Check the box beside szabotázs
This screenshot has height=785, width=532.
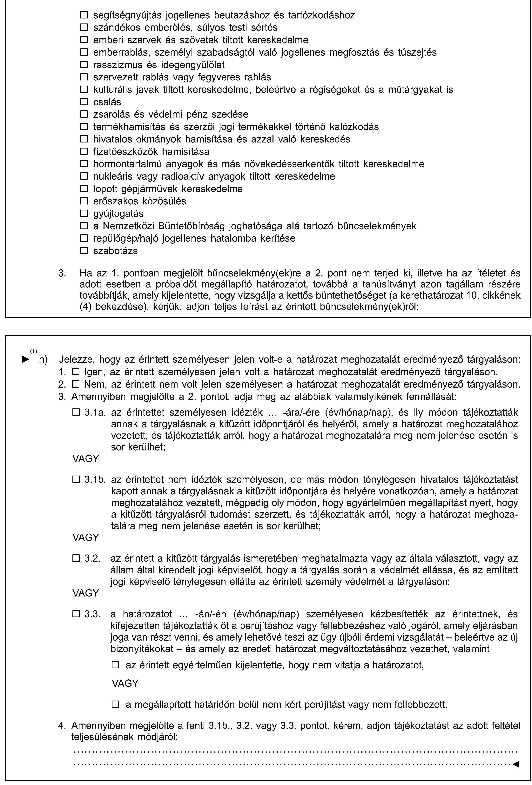(x=84, y=251)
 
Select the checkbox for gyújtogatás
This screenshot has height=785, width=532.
(x=84, y=214)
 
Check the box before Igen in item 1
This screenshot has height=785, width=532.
(x=75, y=372)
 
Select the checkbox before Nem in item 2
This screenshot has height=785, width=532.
(x=75, y=384)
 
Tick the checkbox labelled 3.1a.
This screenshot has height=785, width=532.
(x=75, y=412)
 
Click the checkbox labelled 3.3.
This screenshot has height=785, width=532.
(x=75, y=614)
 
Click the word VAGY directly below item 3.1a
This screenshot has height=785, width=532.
(x=86, y=458)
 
